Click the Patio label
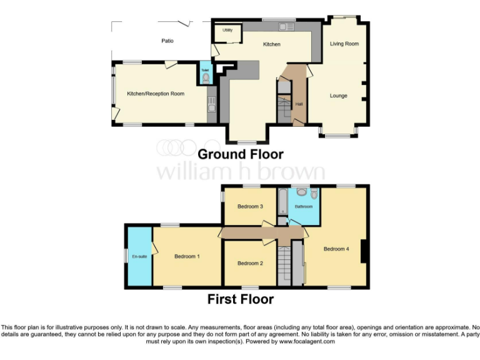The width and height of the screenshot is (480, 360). (167, 41)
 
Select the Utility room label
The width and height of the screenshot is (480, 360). (227, 30)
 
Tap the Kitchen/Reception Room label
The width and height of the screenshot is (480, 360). (156, 94)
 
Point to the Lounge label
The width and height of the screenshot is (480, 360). (339, 96)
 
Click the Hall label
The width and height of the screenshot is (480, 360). (299, 104)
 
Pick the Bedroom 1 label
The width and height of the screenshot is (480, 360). (187, 256)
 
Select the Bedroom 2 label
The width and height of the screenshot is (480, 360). (250, 263)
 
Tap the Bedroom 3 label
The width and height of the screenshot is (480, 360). (250, 207)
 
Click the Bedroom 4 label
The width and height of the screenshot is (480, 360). (336, 249)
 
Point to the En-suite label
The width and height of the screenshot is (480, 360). (139, 256)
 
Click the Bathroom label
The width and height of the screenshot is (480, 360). (304, 206)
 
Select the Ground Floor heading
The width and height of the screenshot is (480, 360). (241, 154)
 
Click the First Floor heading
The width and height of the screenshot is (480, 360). (241, 299)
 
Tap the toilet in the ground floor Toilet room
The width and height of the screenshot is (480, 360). (206, 78)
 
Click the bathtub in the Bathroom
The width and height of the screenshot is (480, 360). (282, 201)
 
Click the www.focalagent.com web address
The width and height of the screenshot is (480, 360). (306, 342)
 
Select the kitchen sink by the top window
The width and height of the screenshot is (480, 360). (286, 27)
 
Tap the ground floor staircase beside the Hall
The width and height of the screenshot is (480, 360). (284, 111)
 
